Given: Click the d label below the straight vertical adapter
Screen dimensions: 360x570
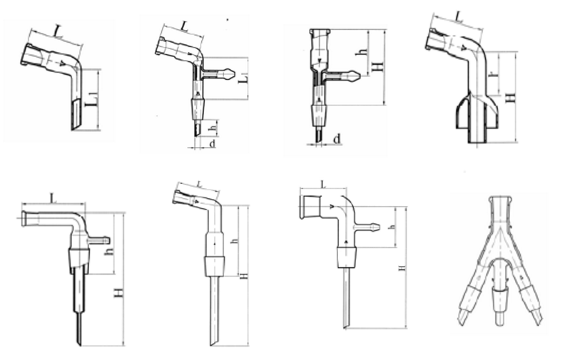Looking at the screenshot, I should (x=336, y=138).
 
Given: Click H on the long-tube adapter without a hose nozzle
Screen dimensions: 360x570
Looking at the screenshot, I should (x=243, y=275).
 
